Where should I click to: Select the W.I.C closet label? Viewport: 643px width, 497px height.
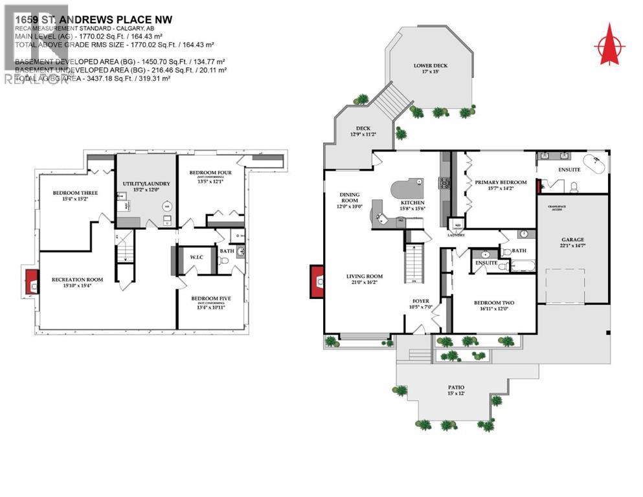click(196, 258)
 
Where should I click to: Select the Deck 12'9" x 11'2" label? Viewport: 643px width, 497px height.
click(363, 131)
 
